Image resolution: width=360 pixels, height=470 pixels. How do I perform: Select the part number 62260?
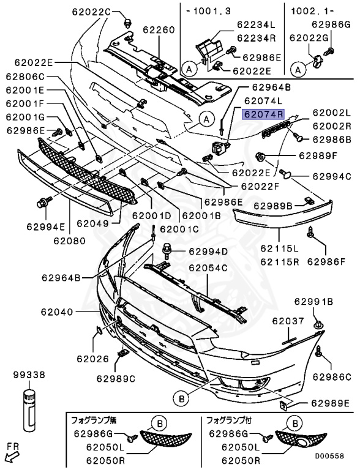coord(159,29)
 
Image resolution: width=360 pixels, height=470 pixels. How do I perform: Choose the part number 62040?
coord(57,312)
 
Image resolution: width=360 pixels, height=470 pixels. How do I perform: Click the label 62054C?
coord(208,268)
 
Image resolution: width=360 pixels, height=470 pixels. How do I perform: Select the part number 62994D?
coord(208,252)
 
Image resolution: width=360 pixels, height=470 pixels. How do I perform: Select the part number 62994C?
coord(331,176)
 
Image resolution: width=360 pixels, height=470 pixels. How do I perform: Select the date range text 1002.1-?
coord(307,11)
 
